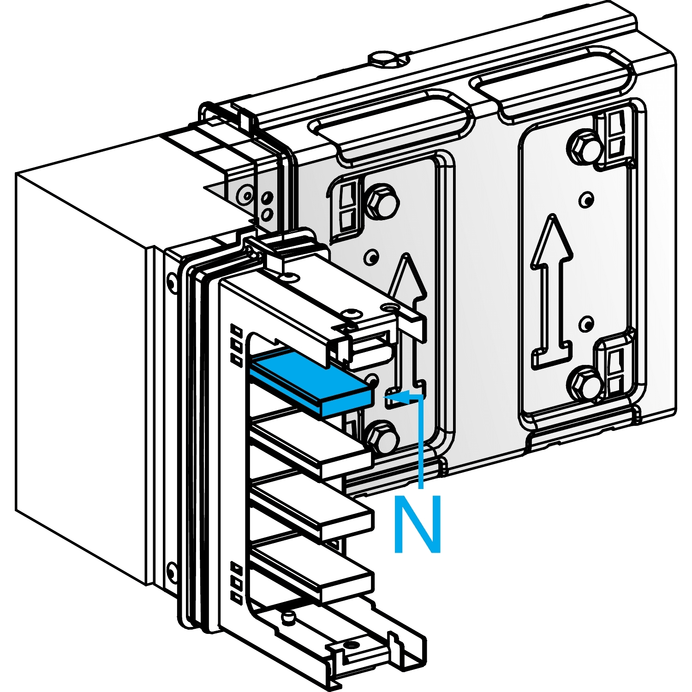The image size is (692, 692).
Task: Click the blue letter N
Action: pos(418,524)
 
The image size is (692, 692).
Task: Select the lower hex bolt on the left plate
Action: pos(382,436)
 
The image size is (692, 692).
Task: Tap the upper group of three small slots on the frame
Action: pos(236,345)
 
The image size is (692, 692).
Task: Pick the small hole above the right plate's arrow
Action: pos(586,200)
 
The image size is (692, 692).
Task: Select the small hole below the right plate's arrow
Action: pos(586,323)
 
